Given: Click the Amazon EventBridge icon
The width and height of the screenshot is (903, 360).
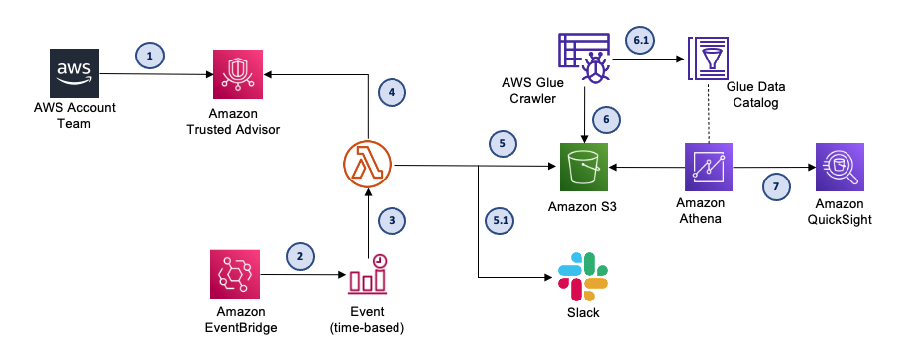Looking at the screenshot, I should click(x=236, y=274).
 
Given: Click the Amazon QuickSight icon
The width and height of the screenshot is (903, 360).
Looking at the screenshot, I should click(x=839, y=165).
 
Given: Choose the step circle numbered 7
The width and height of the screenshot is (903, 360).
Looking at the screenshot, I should click(x=776, y=184).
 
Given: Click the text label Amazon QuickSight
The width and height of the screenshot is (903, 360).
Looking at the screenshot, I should click(x=839, y=212).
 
